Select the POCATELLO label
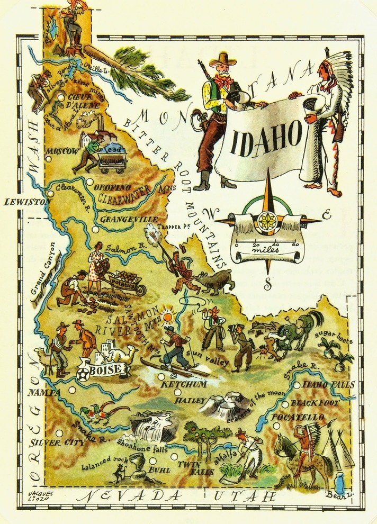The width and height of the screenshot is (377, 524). (x=297, y=418)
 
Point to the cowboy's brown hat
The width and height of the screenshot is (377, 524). (x=223, y=57)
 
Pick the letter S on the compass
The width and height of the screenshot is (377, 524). (x=268, y=285)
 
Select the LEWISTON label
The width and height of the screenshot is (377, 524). (x=23, y=202)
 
